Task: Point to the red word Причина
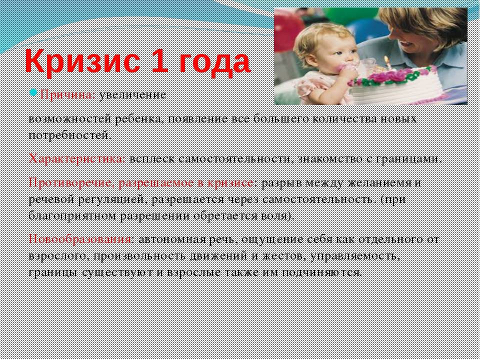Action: pyautogui.click(x=66, y=95)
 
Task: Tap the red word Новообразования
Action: pyautogui.click(x=80, y=238)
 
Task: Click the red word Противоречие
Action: pyautogui.click(x=72, y=183)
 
